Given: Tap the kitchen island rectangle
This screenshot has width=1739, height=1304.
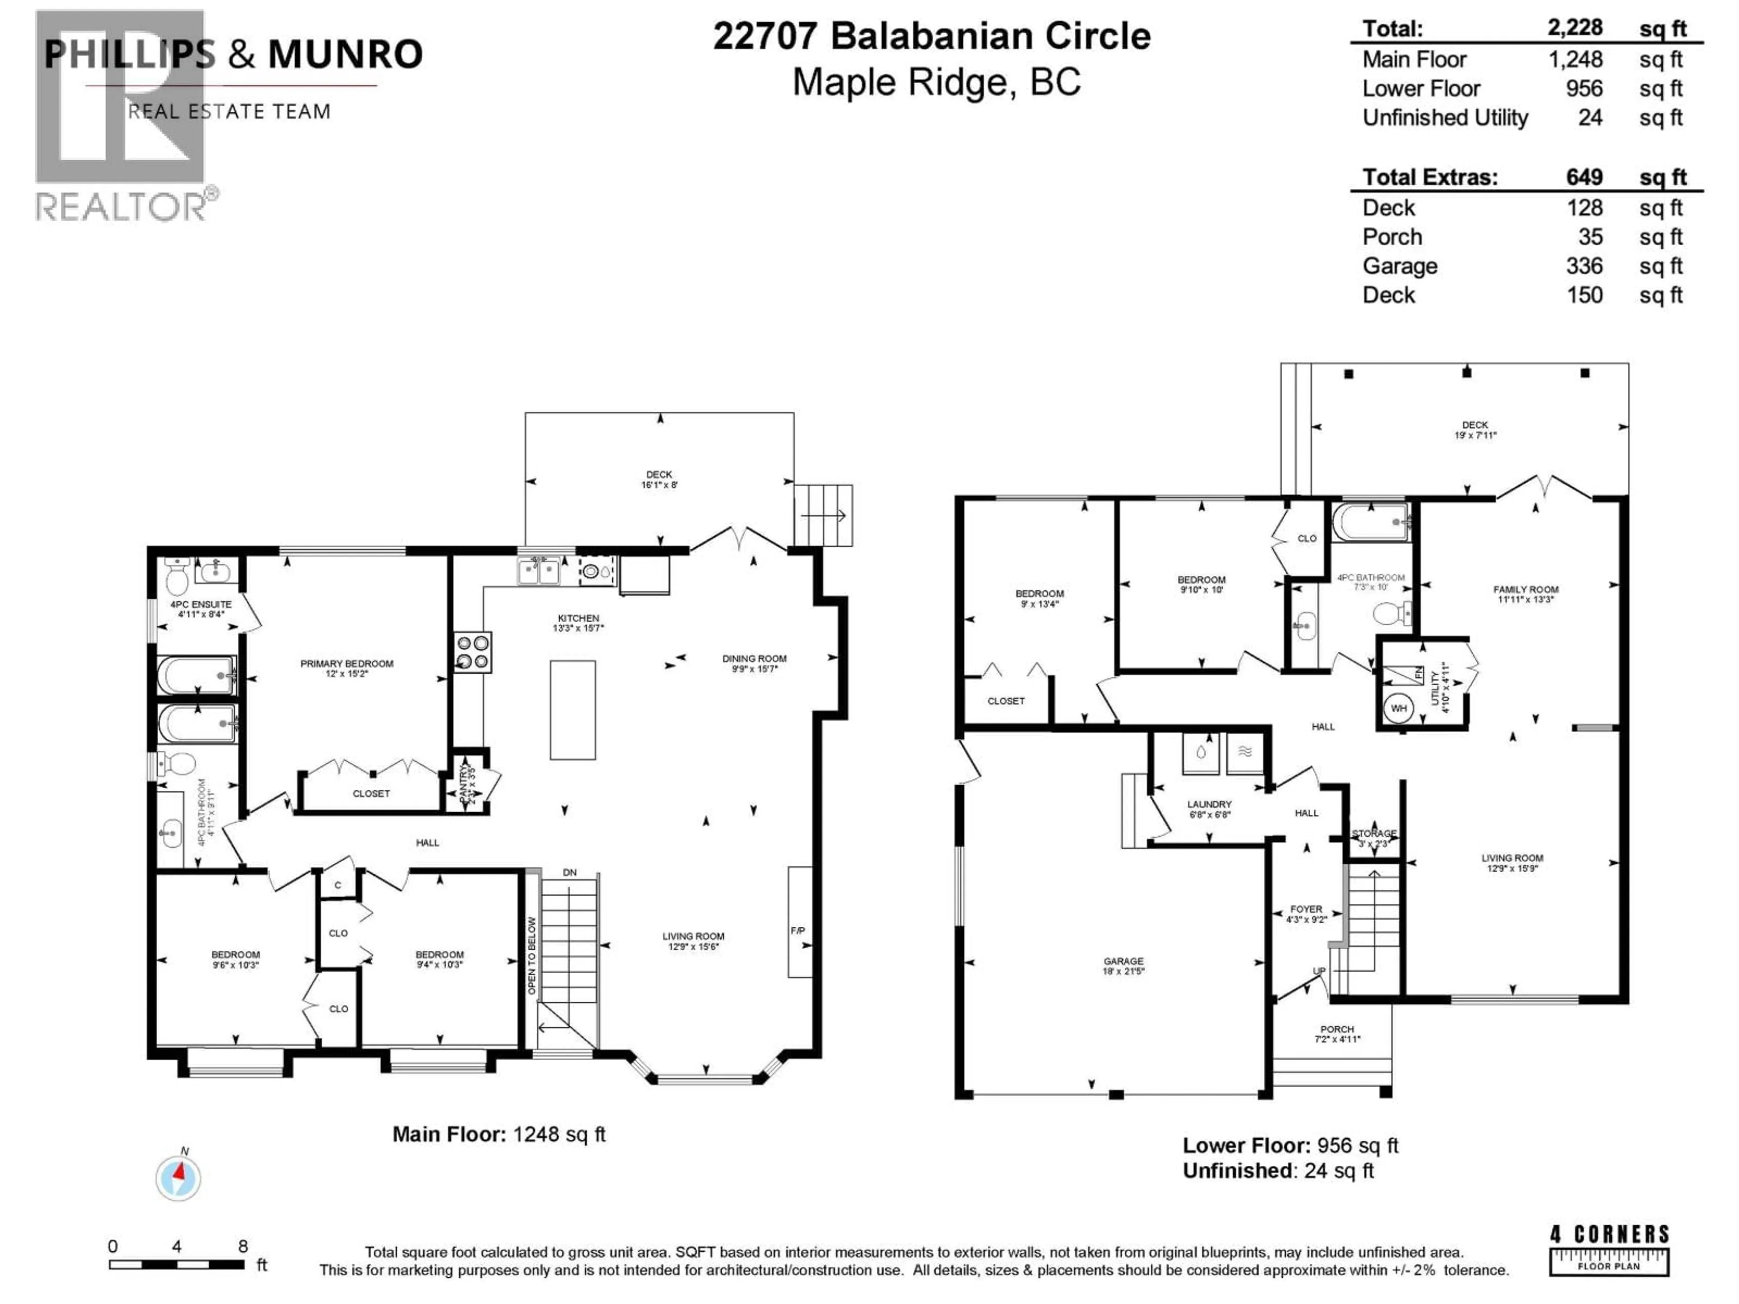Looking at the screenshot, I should click(572, 710).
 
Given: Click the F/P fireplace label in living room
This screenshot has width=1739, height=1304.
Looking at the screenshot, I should click(798, 930).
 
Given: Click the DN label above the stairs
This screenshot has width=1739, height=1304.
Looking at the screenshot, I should click(570, 873).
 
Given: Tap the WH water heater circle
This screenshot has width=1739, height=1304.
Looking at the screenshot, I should click(1398, 708).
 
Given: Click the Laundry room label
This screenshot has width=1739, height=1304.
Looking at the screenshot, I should click(1209, 804).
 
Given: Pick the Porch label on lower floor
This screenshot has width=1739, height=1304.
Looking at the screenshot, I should click(1337, 1029).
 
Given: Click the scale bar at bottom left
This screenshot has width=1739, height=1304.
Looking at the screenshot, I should click(177, 1265).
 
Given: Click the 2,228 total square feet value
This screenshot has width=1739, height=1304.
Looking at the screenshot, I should click(1575, 28).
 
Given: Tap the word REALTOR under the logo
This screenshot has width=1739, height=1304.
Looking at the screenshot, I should click(122, 207).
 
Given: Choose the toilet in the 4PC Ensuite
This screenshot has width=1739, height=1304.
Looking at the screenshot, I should click(177, 578).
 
